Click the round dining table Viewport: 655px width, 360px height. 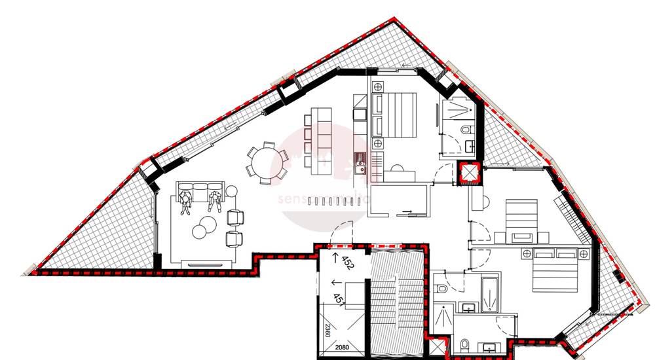point(266,162)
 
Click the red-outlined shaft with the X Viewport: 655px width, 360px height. point(470,173)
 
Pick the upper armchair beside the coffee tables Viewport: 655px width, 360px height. point(236,217)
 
